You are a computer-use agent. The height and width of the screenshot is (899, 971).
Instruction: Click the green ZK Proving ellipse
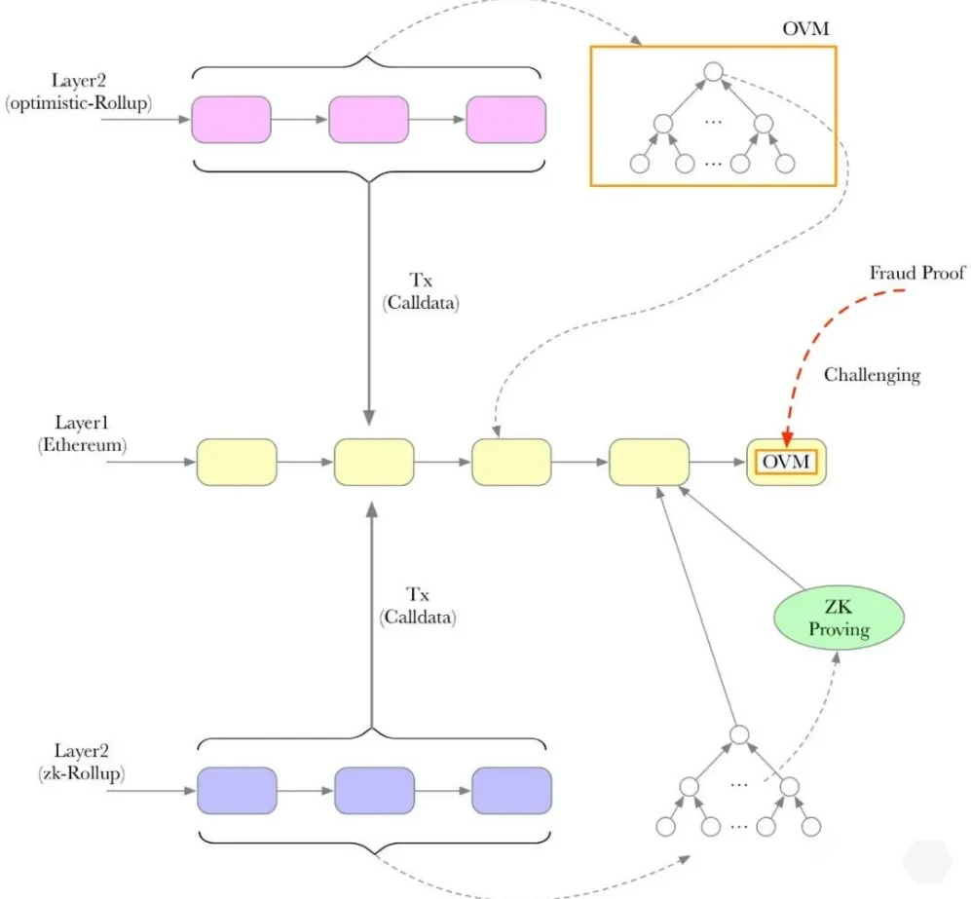(839, 618)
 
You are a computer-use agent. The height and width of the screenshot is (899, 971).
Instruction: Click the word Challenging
(871, 374)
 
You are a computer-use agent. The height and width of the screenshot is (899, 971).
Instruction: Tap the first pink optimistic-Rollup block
(231, 120)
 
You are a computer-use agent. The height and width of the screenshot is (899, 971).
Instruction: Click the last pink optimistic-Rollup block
(505, 120)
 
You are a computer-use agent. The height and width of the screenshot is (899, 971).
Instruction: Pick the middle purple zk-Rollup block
(374, 790)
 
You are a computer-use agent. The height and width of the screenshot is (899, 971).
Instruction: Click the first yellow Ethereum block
(237, 462)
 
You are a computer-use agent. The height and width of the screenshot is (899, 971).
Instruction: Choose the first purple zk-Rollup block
(237, 790)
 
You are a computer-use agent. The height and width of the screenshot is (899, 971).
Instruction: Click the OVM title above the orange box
(806, 28)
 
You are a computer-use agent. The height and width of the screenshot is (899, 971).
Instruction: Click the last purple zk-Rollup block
(511, 790)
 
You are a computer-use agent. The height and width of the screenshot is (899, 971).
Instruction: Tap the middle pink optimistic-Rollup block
(368, 120)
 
